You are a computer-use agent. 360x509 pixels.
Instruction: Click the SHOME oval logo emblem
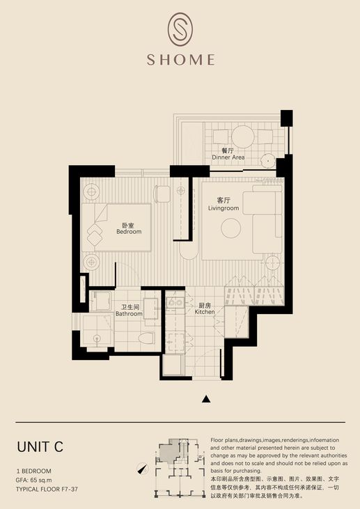tap(180, 29)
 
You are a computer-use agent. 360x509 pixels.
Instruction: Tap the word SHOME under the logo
tap(180, 60)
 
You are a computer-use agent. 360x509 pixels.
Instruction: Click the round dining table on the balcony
tap(243, 136)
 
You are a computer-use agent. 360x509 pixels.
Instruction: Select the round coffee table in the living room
tap(230, 228)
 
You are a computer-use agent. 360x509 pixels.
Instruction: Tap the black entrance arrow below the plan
tap(206, 399)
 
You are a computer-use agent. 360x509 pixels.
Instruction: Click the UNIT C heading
tap(40, 447)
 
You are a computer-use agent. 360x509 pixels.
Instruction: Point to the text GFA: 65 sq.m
tap(33, 480)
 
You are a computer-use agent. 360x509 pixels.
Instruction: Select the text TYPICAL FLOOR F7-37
tap(47, 490)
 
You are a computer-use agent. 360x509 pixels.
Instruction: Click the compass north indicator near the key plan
tap(142, 469)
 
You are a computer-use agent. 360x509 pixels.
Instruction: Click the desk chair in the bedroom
tap(162, 194)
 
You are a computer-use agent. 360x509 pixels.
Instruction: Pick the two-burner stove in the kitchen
tap(175, 302)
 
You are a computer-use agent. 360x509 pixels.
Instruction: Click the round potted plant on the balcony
tap(268, 160)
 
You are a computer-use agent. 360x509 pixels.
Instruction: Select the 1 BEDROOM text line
tap(33, 471)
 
